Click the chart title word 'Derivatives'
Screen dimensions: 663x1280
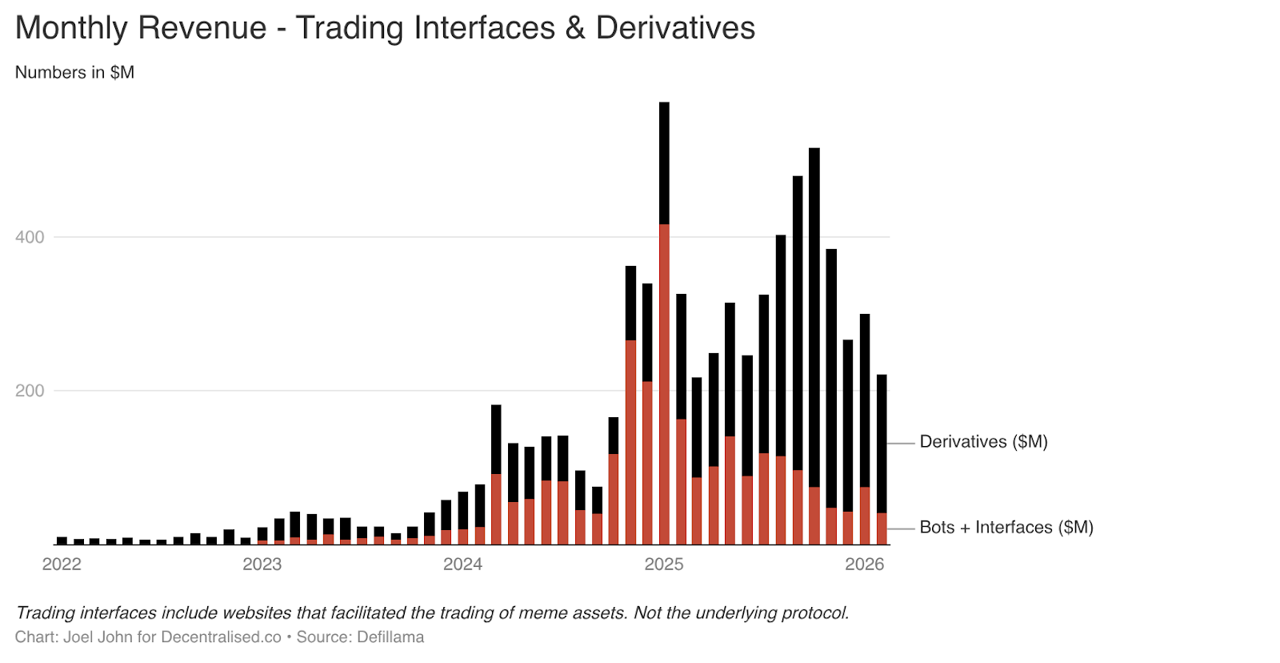(675, 28)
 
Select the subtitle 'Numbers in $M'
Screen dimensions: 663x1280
(74, 73)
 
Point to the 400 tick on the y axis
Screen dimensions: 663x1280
(30, 237)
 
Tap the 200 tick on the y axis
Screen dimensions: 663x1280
(30, 391)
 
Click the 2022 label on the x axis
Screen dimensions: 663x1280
(62, 565)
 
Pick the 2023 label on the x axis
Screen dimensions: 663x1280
(262, 565)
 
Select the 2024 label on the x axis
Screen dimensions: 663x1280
(463, 565)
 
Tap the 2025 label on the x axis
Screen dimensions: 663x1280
(664, 565)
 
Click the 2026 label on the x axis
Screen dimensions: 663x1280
(865, 565)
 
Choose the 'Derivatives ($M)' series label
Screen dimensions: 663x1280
(983, 442)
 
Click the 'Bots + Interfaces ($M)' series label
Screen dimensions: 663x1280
(1006, 528)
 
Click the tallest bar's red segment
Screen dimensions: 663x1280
(664, 384)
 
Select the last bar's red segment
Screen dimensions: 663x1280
(882, 528)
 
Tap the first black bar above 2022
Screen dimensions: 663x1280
(62, 540)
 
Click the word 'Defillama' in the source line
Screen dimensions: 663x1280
(390, 637)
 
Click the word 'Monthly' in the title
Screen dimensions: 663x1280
(71, 28)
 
